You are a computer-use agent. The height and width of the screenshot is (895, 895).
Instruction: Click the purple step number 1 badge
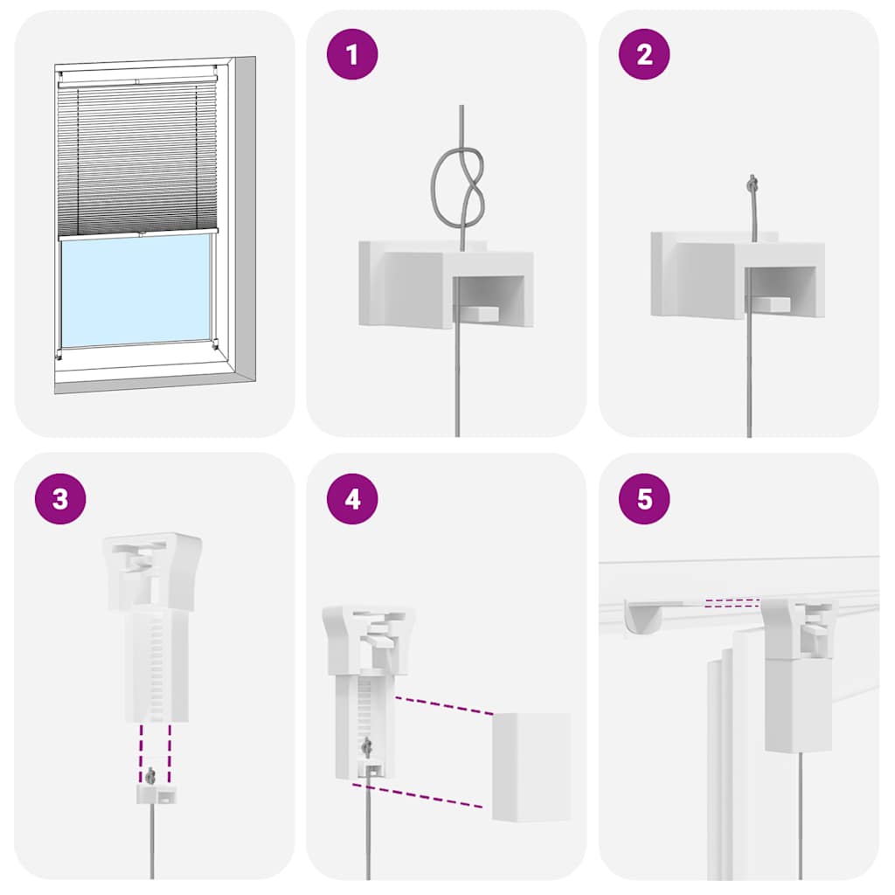[351, 55]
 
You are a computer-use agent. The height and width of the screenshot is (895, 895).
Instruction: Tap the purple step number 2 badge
[644, 55]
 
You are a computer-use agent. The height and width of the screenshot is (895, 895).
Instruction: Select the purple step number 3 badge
[59, 499]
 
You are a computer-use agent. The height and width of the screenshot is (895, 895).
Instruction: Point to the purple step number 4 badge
[351, 499]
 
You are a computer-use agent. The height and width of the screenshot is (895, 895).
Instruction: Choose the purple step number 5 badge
[644, 499]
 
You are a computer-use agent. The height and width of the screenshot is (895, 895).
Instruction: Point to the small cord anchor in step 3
[154, 793]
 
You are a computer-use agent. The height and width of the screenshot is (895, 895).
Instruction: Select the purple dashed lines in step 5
[732, 601]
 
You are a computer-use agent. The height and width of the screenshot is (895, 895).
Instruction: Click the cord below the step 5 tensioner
[800, 813]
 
